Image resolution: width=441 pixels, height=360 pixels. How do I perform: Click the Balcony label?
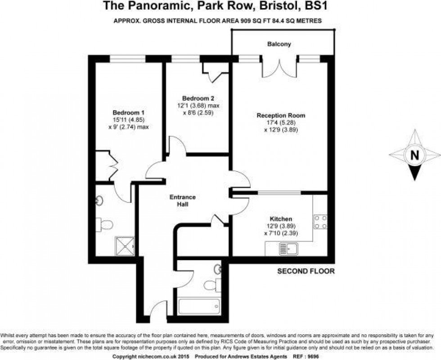coord(279,44)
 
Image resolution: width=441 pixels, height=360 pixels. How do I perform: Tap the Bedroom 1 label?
coord(129,113)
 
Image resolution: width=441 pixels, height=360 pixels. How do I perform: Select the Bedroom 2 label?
coord(198,99)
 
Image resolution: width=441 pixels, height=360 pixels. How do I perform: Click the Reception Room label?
coord(281,115)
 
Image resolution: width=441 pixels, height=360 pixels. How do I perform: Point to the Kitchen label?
coord(281,219)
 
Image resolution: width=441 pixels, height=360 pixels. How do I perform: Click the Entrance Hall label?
coord(183,201)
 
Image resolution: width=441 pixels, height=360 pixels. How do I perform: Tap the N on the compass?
coord(414,155)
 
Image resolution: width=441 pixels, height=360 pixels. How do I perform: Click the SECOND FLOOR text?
coord(306,271)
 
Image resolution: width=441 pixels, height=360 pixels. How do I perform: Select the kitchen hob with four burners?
coord(320,222)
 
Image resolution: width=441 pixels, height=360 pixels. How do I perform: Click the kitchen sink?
coord(288,249)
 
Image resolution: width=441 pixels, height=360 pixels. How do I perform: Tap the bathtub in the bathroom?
coord(199,306)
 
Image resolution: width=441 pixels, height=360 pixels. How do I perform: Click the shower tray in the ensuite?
coord(125,246)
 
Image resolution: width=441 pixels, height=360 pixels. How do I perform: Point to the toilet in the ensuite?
coord(104,225)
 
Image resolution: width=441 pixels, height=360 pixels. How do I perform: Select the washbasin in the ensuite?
coord(99,200)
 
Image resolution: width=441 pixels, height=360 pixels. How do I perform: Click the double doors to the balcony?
coord(279,67)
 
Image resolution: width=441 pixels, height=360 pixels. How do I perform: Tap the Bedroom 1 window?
coord(128,59)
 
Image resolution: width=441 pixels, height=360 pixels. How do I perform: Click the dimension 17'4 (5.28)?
coord(281,122)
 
